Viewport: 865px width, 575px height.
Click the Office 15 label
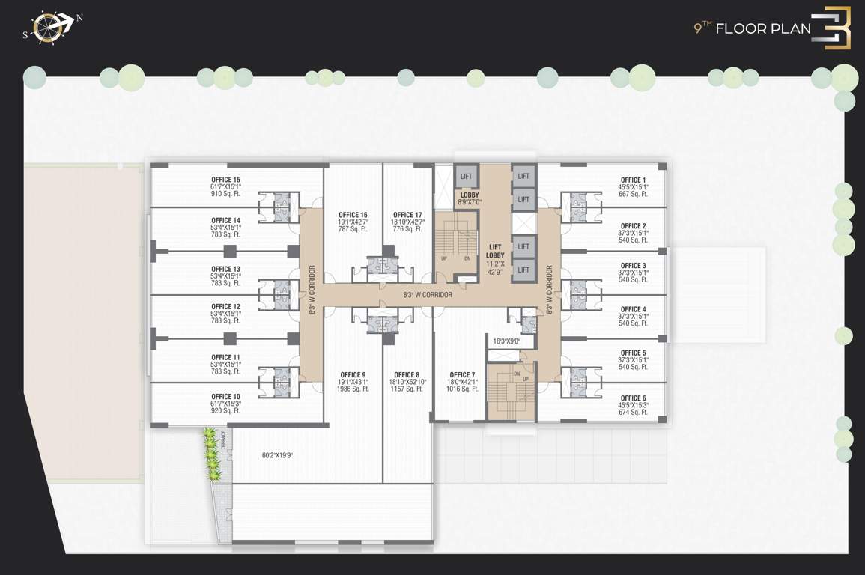point(225,180)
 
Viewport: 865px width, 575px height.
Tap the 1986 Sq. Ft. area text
point(353,389)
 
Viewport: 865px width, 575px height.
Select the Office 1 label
point(633,180)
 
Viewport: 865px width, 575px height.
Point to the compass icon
point(50,27)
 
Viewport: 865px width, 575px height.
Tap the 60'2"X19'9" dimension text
point(277,455)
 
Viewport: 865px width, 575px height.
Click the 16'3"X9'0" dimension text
point(506,341)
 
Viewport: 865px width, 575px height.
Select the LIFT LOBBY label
point(495,251)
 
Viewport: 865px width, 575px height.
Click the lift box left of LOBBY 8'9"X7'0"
point(467,177)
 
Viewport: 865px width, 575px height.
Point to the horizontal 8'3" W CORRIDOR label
point(428,295)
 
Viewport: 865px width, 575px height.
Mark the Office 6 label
point(633,398)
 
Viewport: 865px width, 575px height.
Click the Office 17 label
point(407,215)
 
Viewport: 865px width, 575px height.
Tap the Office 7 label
point(462,375)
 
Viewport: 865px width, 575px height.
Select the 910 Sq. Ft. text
point(225,194)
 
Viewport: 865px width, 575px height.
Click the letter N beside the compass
point(79,18)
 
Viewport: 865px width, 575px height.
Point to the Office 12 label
point(225,306)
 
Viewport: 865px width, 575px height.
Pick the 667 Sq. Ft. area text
point(633,194)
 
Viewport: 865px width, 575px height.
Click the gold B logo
point(833,28)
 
